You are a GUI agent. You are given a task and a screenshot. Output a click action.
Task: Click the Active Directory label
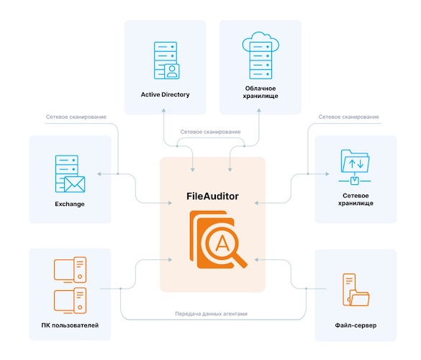[x=165, y=94]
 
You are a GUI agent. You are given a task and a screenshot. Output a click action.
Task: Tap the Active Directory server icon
[x=164, y=60]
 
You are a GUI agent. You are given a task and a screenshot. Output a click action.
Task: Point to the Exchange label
[x=70, y=204]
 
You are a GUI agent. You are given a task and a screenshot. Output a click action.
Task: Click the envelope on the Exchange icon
[x=73, y=185]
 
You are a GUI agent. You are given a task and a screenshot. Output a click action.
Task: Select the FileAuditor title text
[x=212, y=196]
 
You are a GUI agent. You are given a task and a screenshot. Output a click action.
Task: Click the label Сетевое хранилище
[x=356, y=199]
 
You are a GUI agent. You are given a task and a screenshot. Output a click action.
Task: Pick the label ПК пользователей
[x=70, y=326]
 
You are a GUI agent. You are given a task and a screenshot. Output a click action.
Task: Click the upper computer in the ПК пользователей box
[x=70, y=269]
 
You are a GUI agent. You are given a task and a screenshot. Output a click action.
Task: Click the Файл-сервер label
[x=356, y=326]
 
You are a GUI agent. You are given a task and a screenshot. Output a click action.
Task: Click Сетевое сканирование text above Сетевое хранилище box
[x=349, y=117]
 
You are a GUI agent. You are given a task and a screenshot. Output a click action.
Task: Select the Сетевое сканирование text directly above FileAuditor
[x=210, y=132]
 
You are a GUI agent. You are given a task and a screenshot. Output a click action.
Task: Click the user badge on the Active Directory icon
[x=171, y=71]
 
